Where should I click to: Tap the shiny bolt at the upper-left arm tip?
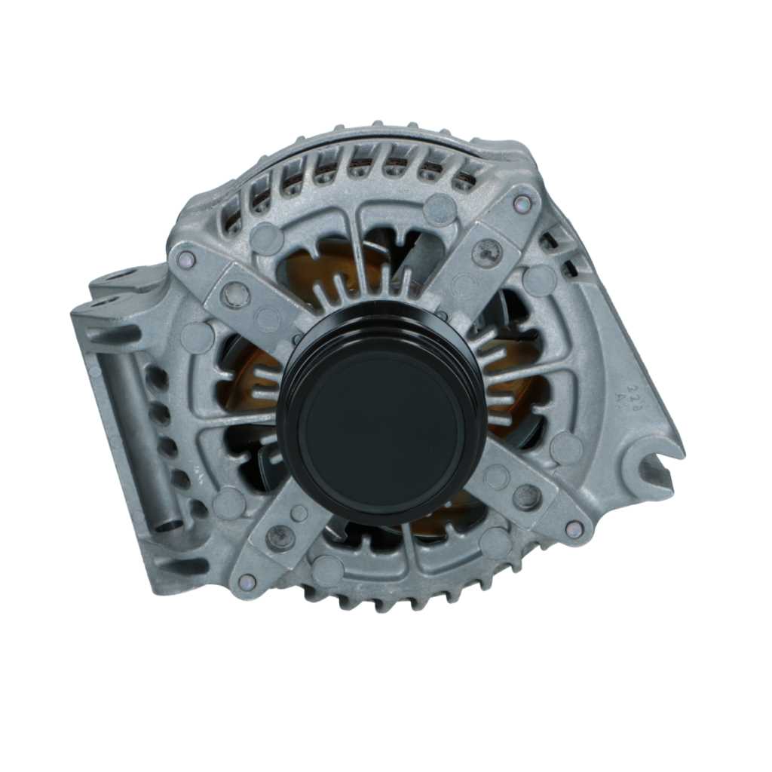point(185,260)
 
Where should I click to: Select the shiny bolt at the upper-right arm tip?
point(522,203)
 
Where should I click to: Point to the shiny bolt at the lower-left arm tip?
point(247,581)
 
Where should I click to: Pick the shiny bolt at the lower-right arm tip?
point(574,529)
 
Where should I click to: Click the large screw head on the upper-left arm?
point(235,295)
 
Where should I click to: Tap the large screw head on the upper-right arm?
point(487,252)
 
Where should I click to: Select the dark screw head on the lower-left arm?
point(280,537)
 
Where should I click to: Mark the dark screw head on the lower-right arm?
point(526,495)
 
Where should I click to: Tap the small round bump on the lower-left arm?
point(299,513)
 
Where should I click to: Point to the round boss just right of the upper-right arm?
point(539,280)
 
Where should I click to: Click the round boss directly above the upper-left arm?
point(267,238)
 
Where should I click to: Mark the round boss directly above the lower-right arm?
point(566,448)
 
